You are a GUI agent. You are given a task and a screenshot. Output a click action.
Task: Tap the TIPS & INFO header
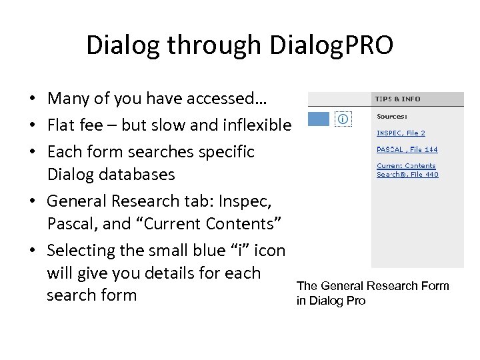click(397, 99)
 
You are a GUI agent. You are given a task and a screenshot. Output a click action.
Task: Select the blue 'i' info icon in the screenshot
click(343, 119)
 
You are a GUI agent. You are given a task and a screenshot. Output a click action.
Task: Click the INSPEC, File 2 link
click(401, 133)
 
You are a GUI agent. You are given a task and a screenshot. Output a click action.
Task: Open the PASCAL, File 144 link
click(407, 149)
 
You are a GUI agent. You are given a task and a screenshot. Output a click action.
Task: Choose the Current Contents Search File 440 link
click(407, 170)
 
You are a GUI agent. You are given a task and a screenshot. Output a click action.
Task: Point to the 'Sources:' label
click(392, 116)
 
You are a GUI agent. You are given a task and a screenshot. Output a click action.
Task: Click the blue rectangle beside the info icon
click(318, 119)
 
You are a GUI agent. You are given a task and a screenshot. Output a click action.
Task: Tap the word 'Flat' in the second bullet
click(63, 125)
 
